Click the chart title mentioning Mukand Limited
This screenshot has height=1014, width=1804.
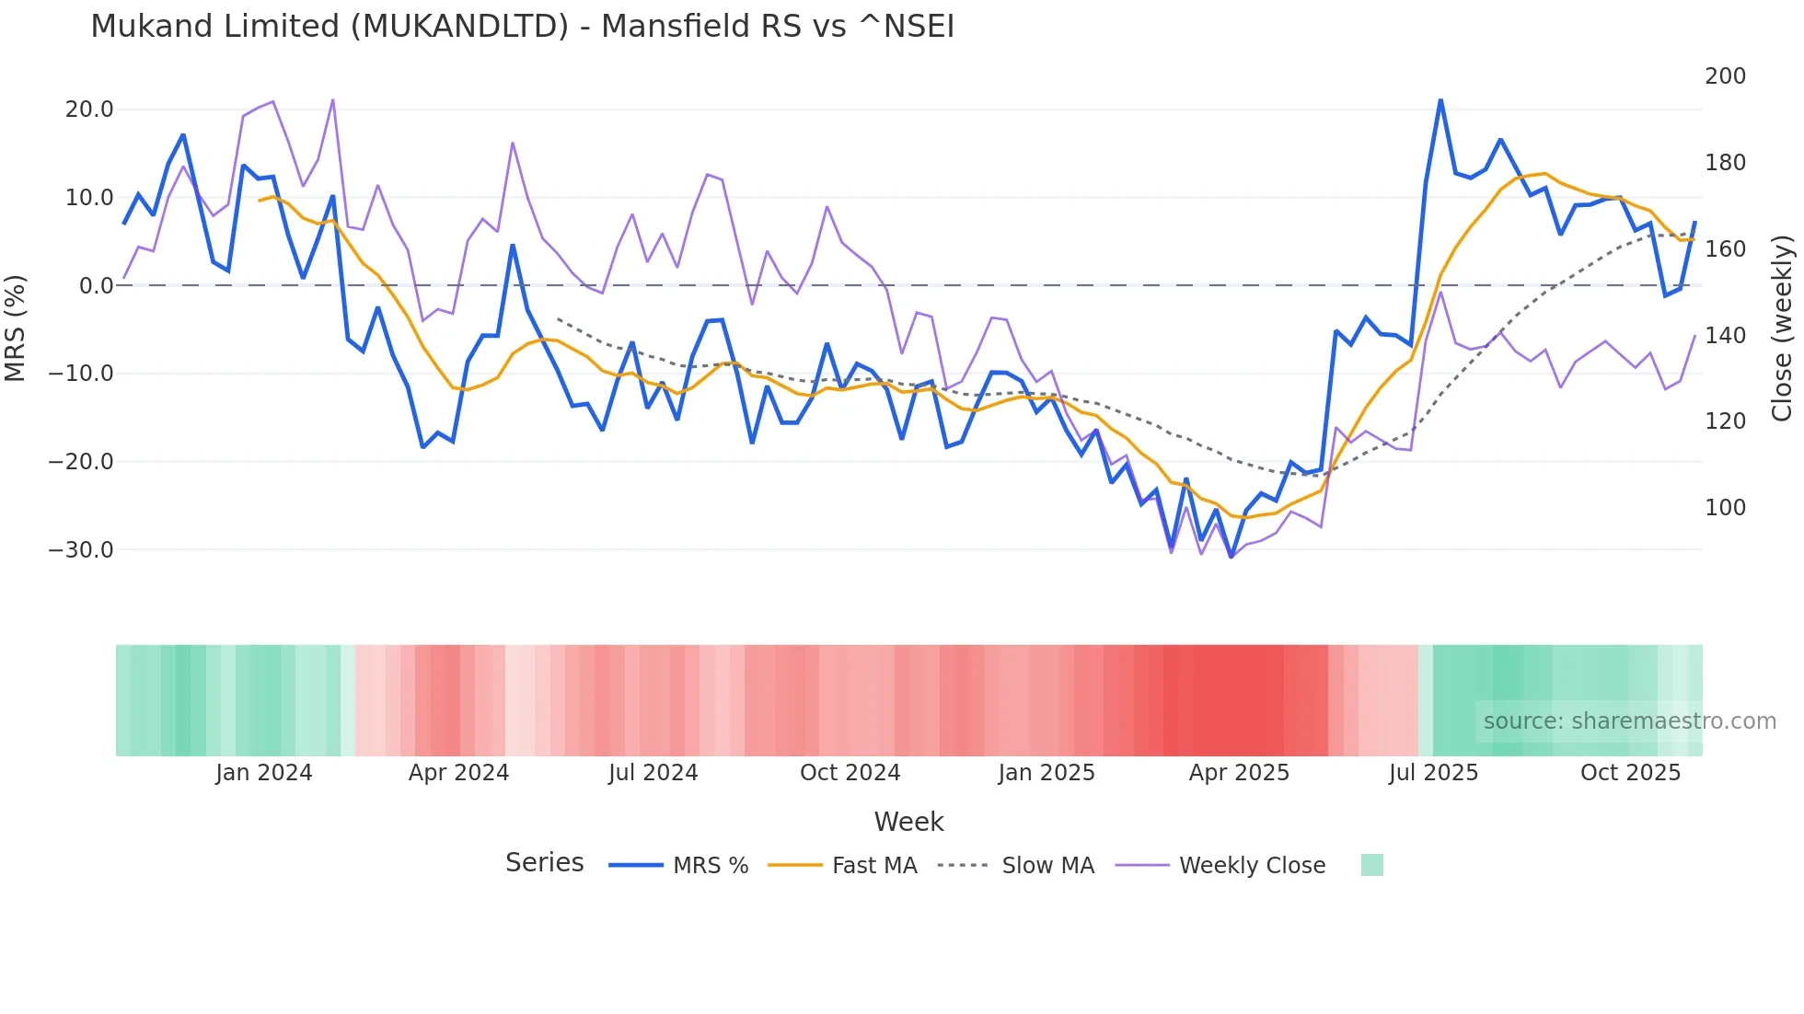tap(522, 27)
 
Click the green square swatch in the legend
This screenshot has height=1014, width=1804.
tap(1371, 865)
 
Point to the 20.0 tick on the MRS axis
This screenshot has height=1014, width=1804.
tap(89, 109)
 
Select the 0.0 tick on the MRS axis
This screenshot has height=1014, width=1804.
tap(96, 286)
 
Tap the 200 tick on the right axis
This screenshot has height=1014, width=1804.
tap(1725, 76)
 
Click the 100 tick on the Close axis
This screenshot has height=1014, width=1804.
tap(1725, 508)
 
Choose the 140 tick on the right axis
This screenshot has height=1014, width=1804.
tap(1725, 336)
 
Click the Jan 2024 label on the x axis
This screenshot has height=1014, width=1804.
tap(264, 773)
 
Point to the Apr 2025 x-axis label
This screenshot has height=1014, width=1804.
tap(1239, 773)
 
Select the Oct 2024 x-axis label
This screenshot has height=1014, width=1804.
tap(850, 773)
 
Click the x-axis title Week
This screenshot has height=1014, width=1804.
tap(908, 822)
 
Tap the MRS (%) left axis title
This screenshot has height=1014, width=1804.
tap(16, 328)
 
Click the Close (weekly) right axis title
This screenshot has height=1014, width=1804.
tap(1783, 328)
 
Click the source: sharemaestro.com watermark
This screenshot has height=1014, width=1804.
tap(1629, 721)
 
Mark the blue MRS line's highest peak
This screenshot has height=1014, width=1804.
tap(1440, 100)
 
